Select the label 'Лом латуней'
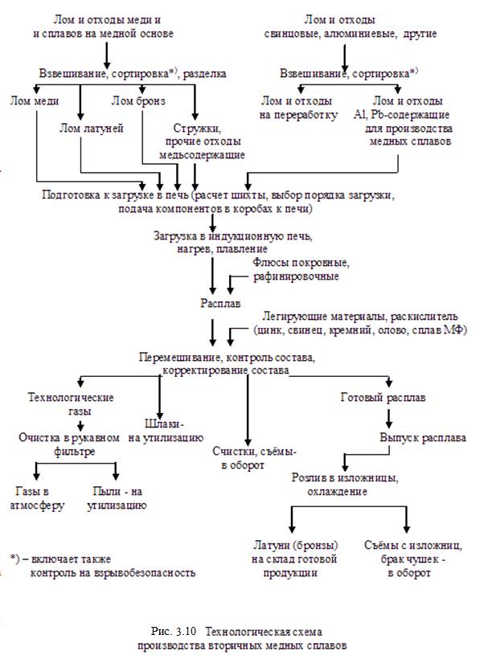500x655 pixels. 91,128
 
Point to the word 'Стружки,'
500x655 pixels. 197,128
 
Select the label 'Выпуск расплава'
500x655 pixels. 422,438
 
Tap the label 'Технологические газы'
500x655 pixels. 71,404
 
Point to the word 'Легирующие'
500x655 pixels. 292,317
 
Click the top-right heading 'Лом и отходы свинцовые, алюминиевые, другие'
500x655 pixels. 343,26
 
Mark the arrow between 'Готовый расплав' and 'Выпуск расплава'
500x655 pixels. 389,417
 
